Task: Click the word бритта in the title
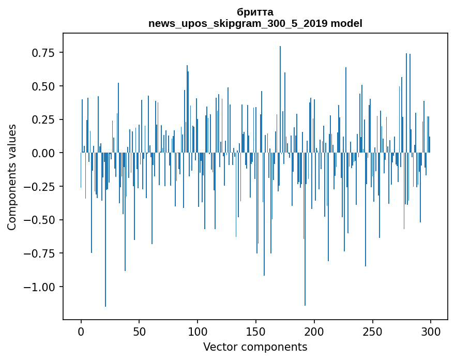click(x=255, y=12)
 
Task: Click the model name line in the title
click(x=255, y=23)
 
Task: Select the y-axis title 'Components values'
click(x=12, y=177)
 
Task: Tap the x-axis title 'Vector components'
click(x=255, y=347)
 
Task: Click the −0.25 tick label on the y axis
click(x=42, y=187)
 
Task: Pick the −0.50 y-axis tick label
click(x=42, y=220)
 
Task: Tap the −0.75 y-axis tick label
click(x=42, y=253)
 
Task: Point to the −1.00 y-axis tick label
click(x=42, y=287)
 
